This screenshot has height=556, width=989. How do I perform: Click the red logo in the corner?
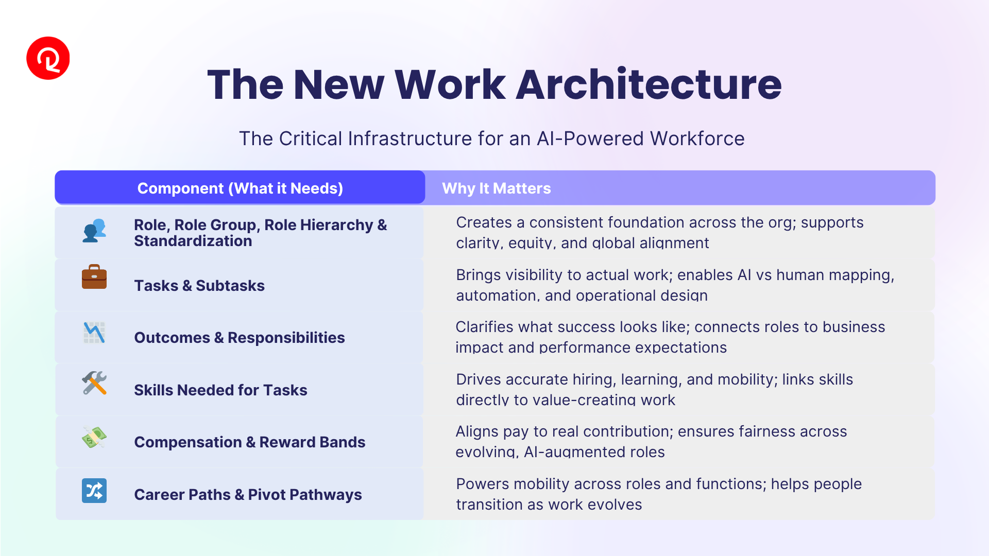[x=48, y=58]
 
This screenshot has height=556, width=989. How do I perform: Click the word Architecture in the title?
[x=649, y=84]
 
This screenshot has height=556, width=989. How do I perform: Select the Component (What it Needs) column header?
[x=240, y=188]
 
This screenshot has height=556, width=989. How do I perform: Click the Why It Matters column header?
[x=497, y=188]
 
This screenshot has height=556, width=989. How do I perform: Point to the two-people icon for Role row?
[x=94, y=231]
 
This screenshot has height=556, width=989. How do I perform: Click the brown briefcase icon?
[x=94, y=276]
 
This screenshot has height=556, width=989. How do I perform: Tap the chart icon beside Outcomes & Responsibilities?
[x=94, y=333]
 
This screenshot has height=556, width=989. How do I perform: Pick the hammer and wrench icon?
[x=94, y=383]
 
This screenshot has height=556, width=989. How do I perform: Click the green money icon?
[x=94, y=438]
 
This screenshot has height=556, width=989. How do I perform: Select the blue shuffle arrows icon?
[x=94, y=491]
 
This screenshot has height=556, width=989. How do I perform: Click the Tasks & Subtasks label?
[x=199, y=286]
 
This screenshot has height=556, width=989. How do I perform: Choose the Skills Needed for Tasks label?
[x=220, y=390]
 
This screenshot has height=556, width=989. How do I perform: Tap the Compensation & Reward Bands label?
[x=250, y=442]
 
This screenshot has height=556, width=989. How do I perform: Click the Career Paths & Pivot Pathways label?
[x=248, y=495]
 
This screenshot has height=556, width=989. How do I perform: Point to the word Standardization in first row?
[x=193, y=241]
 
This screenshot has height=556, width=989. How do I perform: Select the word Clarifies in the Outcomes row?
[x=485, y=327]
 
